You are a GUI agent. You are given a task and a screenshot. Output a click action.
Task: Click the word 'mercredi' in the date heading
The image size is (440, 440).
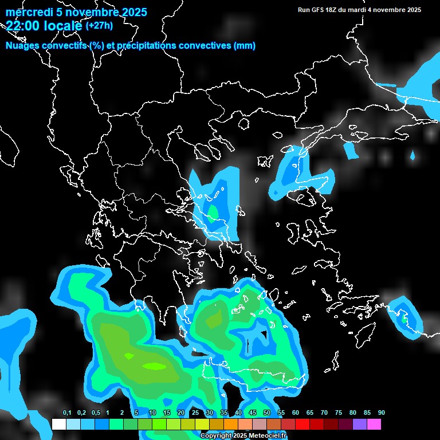[26, 12]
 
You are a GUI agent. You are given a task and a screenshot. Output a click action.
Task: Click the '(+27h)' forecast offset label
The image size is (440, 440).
[99, 25]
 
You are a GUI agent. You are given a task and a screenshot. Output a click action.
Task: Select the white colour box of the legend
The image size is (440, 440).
[58, 424]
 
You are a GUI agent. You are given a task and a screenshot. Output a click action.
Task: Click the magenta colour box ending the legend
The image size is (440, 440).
[374, 424]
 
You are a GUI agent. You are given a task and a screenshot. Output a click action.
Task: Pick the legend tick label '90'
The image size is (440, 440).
[382, 413]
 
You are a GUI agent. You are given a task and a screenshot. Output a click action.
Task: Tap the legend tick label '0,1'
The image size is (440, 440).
[66, 413]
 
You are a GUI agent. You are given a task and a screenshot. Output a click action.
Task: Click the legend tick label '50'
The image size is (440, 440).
[267, 413]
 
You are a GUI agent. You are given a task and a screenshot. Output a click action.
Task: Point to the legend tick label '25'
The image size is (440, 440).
[195, 413]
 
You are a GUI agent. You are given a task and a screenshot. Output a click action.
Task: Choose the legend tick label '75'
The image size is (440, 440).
[339, 413]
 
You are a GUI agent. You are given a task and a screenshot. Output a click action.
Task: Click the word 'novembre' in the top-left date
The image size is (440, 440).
[88, 12]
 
